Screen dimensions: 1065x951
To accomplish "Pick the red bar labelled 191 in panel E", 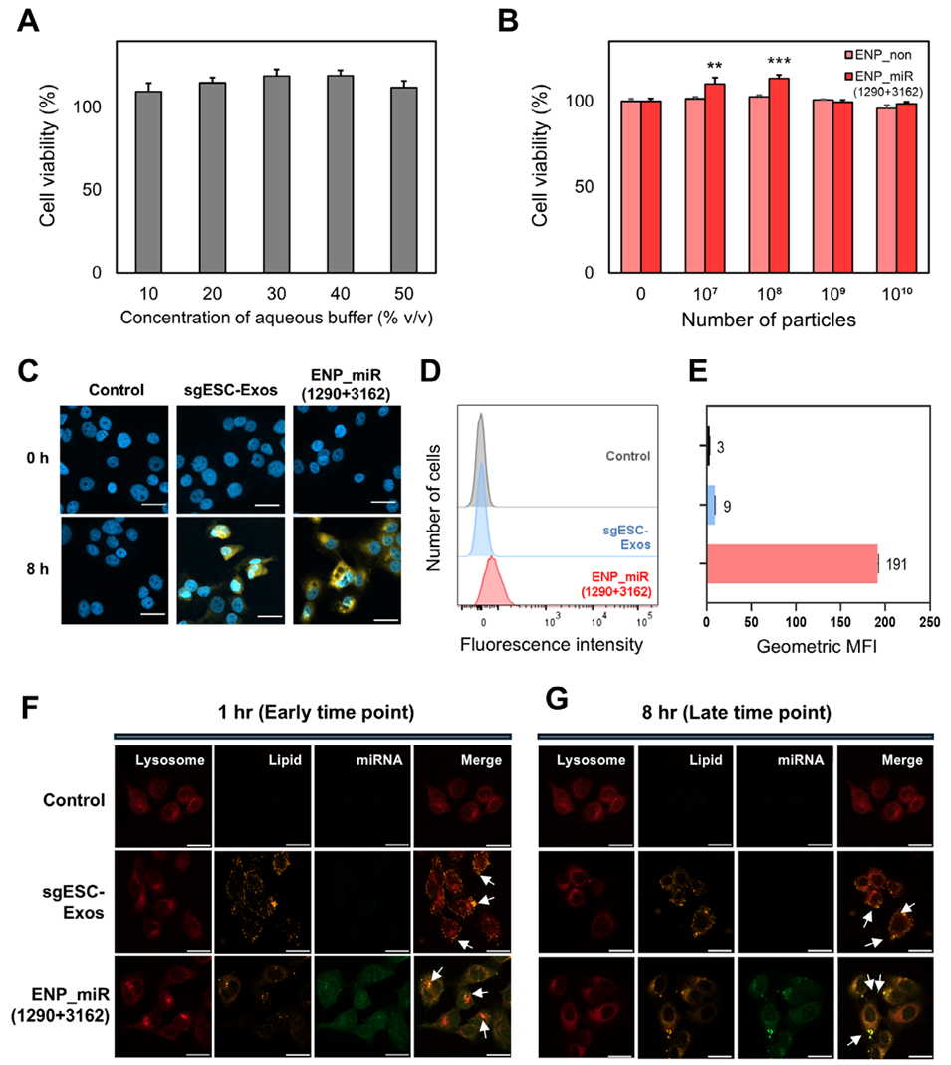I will pos(792,565).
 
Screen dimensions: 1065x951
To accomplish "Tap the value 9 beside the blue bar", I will pos(728,507).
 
